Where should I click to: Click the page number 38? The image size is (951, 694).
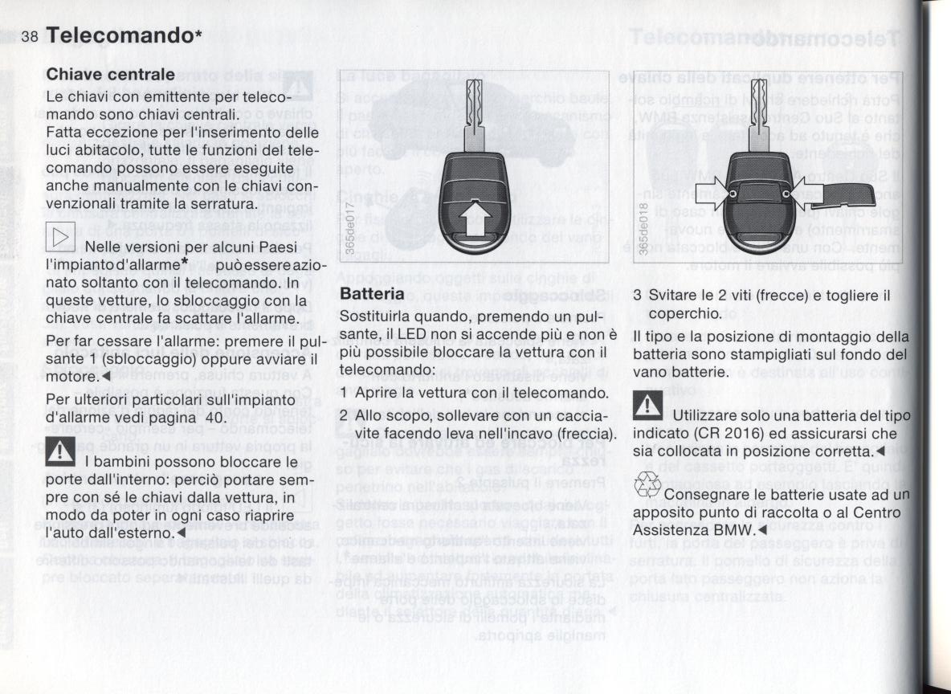coord(31,37)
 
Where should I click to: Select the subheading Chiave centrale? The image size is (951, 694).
coord(111,75)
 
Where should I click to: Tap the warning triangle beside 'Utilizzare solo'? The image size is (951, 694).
coord(648,408)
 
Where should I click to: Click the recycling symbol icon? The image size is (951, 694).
coord(647,485)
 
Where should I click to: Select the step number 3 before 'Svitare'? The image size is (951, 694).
coord(638,295)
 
